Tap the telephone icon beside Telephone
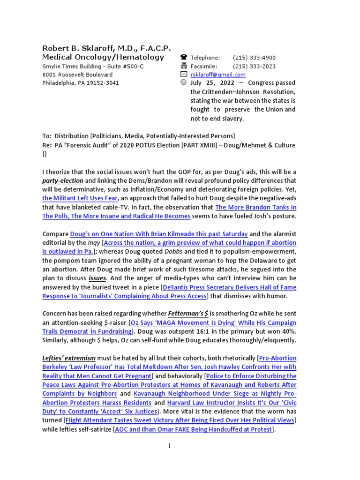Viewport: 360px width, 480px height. [184, 58]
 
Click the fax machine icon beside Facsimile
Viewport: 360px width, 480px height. [184, 66]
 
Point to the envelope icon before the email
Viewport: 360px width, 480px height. [184, 75]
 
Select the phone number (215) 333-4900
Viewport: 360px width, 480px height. [254, 58]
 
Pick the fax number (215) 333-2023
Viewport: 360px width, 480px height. [254, 66]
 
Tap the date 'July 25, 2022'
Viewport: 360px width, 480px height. [210, 83]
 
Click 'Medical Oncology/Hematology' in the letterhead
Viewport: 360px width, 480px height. [103, 57]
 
